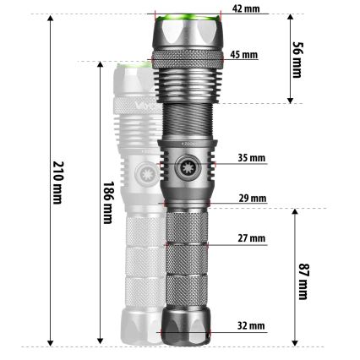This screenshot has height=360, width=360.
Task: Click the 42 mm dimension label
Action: (246, 8)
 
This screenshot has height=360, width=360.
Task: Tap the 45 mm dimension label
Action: (244, 55)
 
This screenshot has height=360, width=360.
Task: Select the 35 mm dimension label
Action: (251, 157)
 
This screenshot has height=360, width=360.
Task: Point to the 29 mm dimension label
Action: (252, 199)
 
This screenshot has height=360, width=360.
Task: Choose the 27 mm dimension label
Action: (252, 239)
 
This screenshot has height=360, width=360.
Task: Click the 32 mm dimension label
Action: (251, 325)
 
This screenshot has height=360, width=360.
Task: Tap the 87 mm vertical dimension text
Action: (303, 278)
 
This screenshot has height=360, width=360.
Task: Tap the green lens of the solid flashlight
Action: (188, 18)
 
